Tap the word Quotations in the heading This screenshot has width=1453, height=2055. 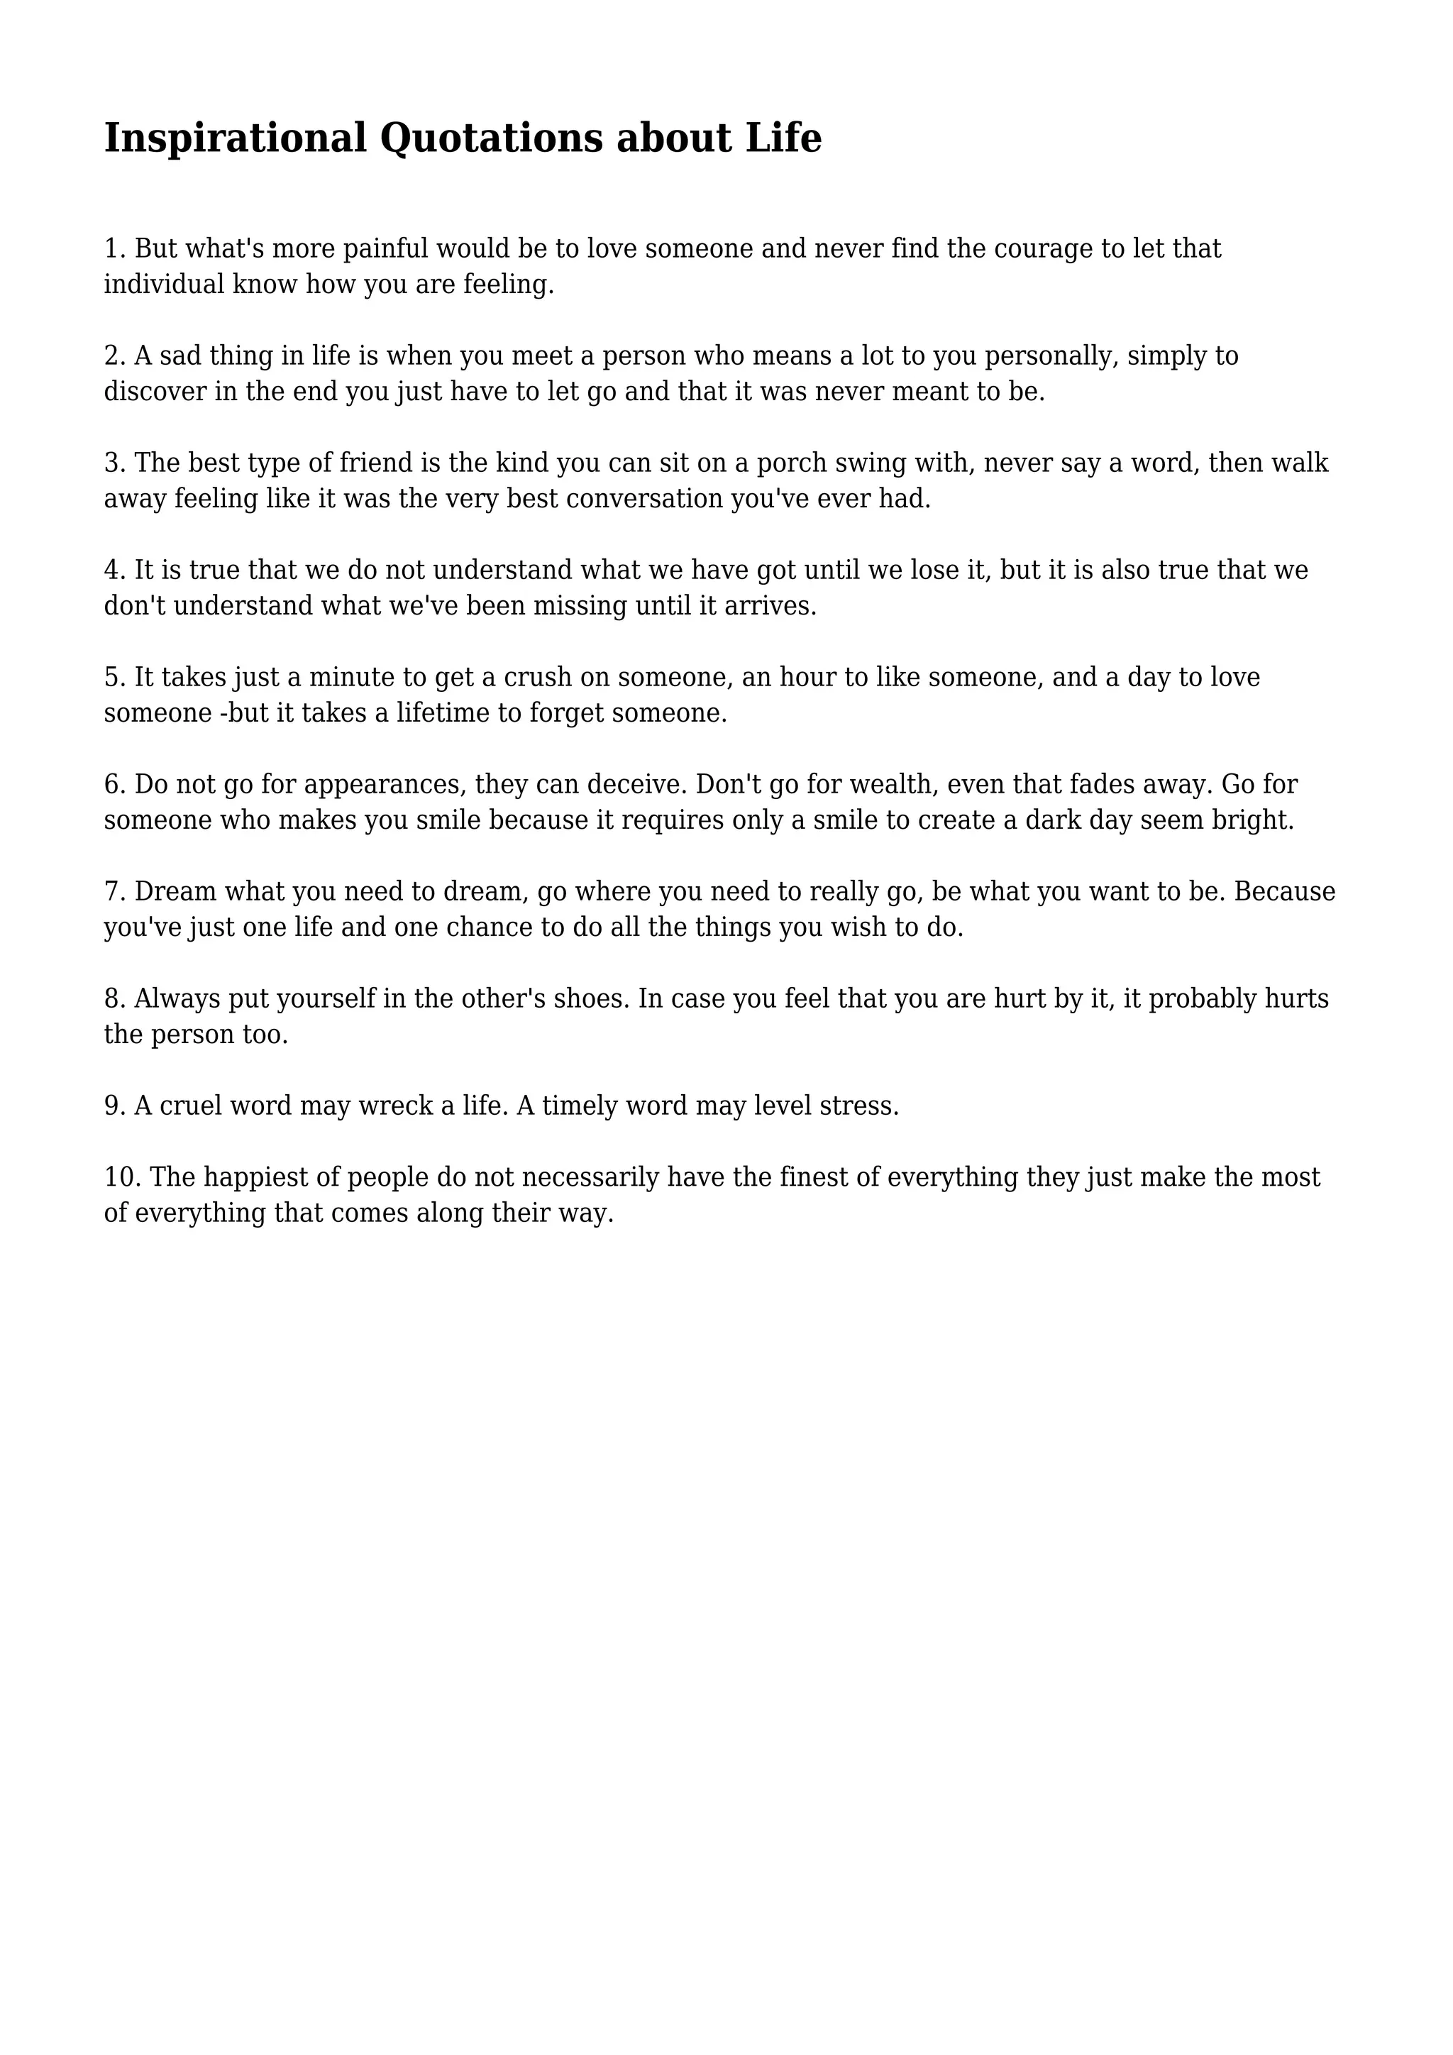[x=491, y=140]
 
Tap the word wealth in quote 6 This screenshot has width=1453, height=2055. [x=890, y=785]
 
